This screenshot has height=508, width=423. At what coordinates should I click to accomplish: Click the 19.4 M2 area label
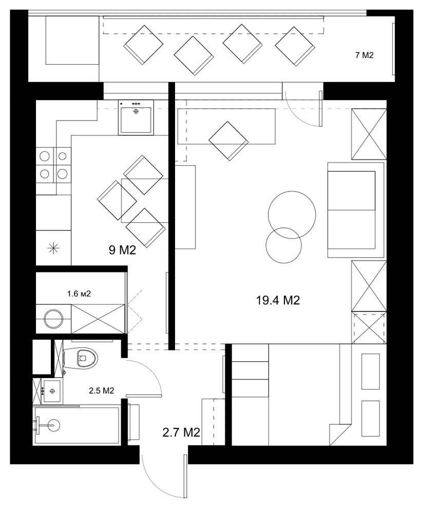coord(278,300)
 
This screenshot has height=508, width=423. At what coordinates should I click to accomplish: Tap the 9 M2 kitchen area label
coord(122,250)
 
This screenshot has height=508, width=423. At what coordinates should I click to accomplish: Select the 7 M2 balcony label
coord(364,55)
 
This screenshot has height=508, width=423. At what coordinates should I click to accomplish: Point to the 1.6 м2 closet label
coord(79,294)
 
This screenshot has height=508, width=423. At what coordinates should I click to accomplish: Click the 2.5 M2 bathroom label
coord(102,390)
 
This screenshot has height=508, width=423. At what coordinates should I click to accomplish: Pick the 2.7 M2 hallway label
coord(181,432)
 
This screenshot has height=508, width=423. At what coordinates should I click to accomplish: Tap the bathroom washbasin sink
coord(52,390)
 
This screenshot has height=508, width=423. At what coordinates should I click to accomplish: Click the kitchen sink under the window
coord(136,118)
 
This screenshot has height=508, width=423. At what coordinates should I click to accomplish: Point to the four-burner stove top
coord(53,165)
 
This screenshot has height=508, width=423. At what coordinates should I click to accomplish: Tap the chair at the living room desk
coord(228,141)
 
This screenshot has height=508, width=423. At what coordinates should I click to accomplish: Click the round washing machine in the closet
coord(53,319)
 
